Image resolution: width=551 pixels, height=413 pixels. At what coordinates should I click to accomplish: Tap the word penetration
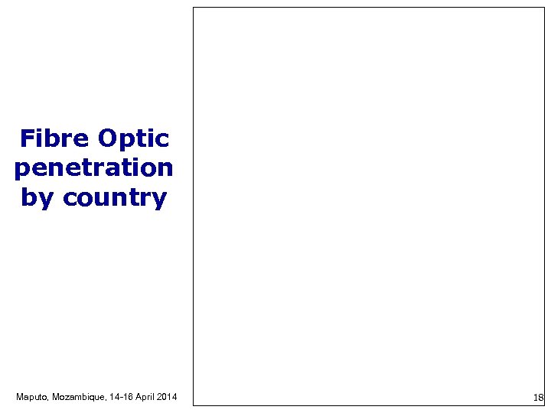pos(93,168)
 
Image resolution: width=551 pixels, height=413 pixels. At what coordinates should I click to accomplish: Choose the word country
pos(115,197)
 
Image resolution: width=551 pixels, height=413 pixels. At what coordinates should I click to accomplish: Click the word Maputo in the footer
pos(31,397)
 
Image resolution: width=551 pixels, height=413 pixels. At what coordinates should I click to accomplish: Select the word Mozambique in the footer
pos(80,397)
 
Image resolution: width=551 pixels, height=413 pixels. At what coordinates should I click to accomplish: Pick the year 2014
pos(168,397)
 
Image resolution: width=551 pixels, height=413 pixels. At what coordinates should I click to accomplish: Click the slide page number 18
pos(538,398)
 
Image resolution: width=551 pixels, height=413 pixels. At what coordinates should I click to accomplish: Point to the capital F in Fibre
pos(28,138)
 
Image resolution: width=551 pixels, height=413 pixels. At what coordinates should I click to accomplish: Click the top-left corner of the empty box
pos(193,8)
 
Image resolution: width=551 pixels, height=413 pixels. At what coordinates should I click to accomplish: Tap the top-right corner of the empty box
pos(544,8)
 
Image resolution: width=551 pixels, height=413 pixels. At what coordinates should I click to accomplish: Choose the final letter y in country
pos(159,200)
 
